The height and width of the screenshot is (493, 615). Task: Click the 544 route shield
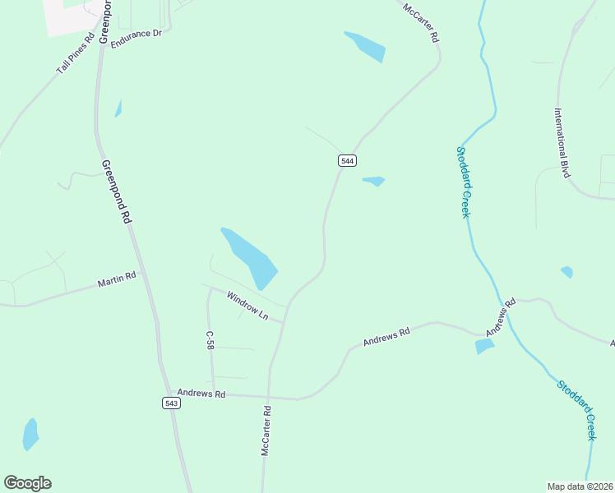click(347, 161)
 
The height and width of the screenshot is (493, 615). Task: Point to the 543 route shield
click(171, 403)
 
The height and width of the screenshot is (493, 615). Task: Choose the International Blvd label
click(562, 143)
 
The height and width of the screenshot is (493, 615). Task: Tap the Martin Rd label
click(116, 280)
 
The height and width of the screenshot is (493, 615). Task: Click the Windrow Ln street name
click(247, 303)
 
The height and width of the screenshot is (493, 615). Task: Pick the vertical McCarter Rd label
click(266, 430)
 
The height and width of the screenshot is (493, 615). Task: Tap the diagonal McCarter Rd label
click(422, 24)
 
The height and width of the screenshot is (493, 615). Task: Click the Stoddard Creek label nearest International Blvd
click(463, 182)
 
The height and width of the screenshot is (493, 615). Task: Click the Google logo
click(27, 483)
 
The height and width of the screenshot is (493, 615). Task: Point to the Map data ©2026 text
click(580, 486)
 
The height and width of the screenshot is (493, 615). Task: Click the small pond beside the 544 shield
click(374, 181)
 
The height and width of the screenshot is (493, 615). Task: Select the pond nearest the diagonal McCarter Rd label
click(365, 46)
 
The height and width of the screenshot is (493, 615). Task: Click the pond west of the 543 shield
click(30, 434)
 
